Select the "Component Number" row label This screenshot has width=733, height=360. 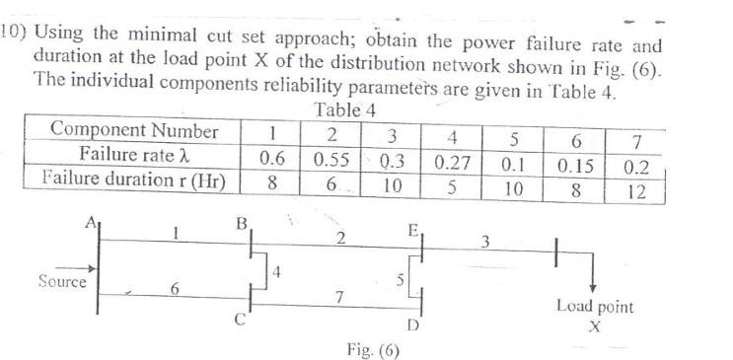[134, 131]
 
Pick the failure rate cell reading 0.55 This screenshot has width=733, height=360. [331, 157]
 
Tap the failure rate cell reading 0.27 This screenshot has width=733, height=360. [450, 158]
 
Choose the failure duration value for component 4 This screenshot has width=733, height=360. [450, 184]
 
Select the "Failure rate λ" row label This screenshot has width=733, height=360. [134, 156]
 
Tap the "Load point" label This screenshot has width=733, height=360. [595, 307]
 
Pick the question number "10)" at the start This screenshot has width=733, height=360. [14, 31]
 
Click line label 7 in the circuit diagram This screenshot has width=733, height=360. [337, 298]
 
